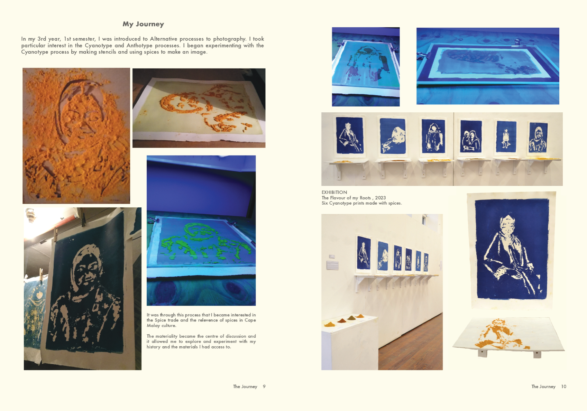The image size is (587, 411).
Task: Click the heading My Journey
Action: [143, 24]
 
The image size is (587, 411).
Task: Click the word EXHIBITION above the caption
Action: [334, 192]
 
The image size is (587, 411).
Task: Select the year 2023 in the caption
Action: [380, 198]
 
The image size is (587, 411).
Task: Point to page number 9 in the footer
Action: [264, 386]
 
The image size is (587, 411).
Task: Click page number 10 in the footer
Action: [564, 386]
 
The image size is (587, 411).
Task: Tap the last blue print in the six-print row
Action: [538, 138]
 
